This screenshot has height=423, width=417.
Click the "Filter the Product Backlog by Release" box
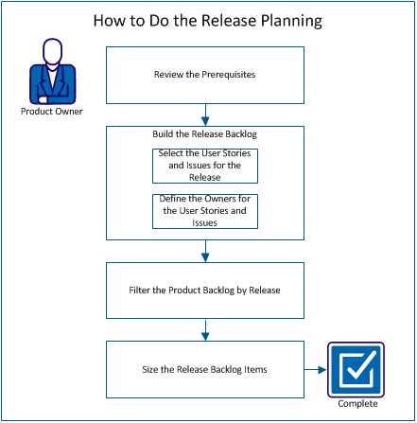point(205,289)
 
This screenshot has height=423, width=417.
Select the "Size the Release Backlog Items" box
point(205,370)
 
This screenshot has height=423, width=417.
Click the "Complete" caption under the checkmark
point(352,405)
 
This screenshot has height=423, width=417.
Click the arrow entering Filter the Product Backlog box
point(205,251)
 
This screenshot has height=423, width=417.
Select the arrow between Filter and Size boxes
point(205,330)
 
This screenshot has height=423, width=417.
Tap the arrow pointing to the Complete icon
point(315,370)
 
